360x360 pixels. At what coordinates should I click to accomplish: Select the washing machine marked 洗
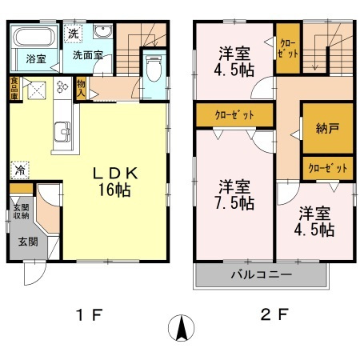[73, 35]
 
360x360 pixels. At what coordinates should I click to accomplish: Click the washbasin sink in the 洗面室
[102, 34]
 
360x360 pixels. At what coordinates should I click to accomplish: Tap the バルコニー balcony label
[261, 276]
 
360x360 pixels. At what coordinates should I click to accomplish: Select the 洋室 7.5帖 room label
[237, 194]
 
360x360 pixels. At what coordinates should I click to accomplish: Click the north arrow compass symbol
[183, 328]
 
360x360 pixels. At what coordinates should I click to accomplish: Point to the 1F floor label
[92, 314]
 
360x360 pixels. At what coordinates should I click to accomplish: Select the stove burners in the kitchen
[62, 88]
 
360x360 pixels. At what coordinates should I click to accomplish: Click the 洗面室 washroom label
[88, 55]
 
